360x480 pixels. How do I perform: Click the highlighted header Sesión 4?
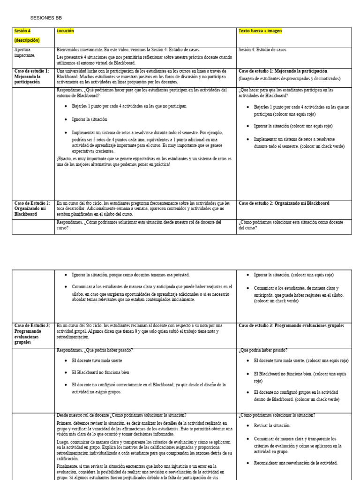[22, 31]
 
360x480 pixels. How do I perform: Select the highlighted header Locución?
[65, 31]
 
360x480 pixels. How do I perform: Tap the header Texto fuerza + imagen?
[260, 31]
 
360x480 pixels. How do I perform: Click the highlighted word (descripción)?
[27, 40]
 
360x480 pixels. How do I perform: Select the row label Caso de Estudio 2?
[31, 209]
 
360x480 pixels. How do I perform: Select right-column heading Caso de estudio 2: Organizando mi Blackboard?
[284, 203]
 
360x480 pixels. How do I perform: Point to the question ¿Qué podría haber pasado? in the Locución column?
[94, 350]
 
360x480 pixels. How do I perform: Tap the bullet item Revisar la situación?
[272, 426]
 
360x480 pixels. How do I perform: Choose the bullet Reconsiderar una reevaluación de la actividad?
[295, 463]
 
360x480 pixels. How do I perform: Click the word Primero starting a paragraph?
[66, 423]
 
